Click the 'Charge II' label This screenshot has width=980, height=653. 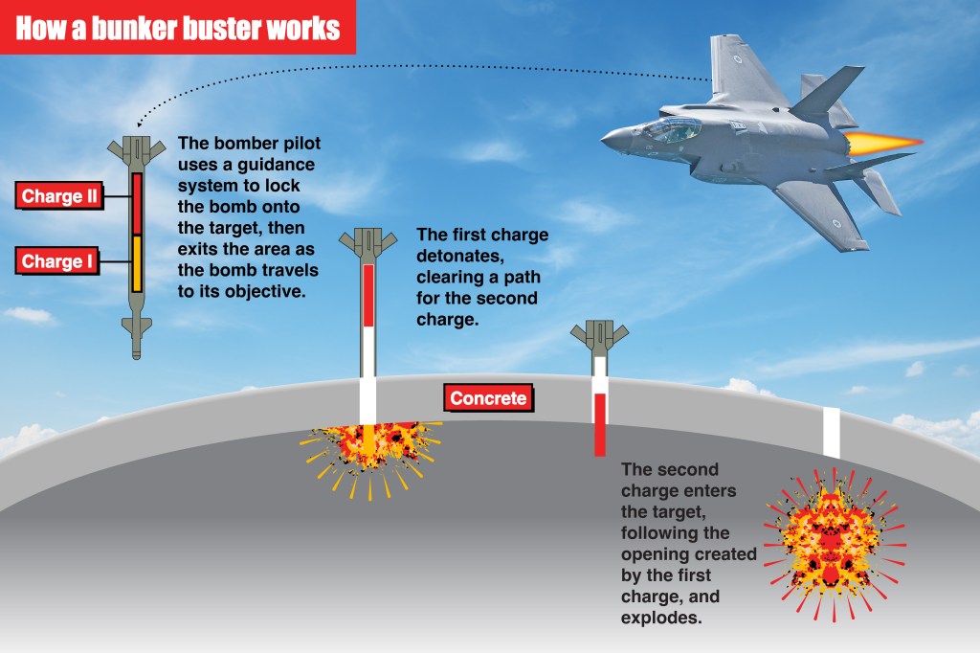[x=58, y=197]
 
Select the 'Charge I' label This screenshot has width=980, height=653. [x=56, y=261]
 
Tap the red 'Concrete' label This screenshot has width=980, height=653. [x=488, y=398]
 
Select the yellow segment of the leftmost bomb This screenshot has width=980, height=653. [x=137, y=262]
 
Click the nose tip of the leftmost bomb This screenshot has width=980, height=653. [x=137, y=355]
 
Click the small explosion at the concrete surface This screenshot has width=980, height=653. [x=367, y=444]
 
